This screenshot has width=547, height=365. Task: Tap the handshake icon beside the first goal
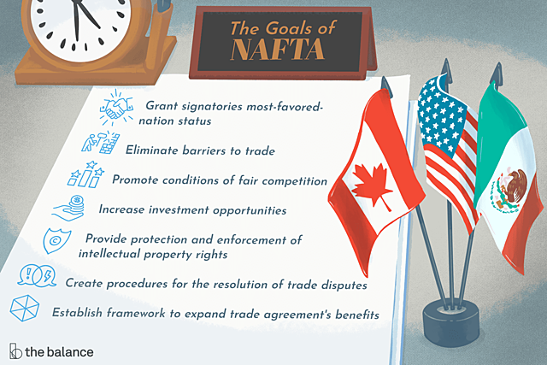coord(119,109)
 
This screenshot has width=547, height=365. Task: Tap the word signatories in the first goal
coord(210,106)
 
